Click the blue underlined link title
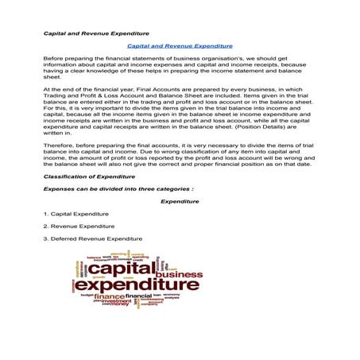tap(180, 46)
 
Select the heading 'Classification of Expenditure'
tap(90, 176)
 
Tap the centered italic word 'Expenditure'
tap(180, 201)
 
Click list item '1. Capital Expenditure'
tap(76, 214)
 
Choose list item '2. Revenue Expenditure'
tap(79, 226)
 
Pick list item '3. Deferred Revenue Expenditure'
tap(93, 238)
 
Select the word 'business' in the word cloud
tap(180, 274)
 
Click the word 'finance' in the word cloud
tap(110, 296)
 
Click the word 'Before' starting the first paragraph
tap(52, 60)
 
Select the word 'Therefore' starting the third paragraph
tap(58, 145)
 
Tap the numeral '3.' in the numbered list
tap(46, 238)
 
